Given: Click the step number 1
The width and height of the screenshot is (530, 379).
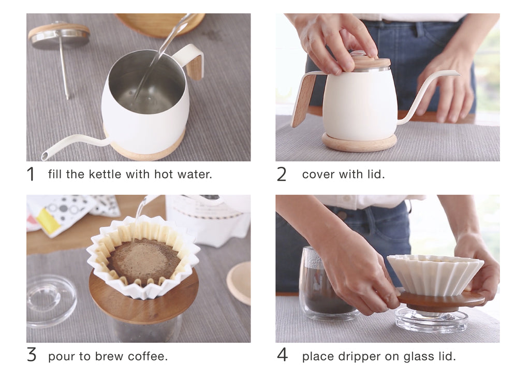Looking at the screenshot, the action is [x=31, y=174].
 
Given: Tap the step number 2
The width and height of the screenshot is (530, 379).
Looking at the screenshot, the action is [x=281, y=174].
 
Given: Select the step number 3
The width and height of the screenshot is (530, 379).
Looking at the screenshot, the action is [x=32, y=355].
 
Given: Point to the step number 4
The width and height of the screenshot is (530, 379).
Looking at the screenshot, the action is [x=282, y=355].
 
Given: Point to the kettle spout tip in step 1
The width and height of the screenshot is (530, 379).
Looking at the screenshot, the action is [x=45, y=156].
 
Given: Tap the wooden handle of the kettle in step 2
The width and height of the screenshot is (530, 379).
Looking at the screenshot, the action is [x=303, y=100].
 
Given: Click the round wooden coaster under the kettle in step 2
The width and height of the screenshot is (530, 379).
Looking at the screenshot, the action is [x=359, y=142].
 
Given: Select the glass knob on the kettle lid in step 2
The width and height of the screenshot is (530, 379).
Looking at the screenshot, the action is [x=358, y=54].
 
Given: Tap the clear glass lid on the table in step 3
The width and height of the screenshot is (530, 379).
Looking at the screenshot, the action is [x=50, y=301].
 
